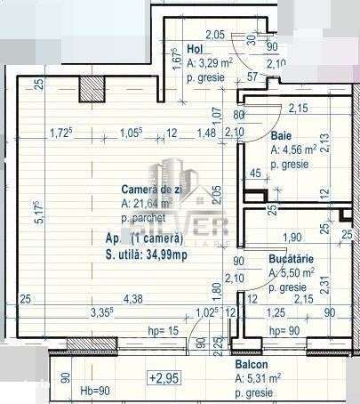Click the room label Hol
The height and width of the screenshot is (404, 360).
click(196, 50)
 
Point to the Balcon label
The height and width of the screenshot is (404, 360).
click(253, 366)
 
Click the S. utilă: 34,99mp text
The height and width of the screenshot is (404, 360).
click(142, 255)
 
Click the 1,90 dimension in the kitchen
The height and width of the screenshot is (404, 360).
click(292, 238)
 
